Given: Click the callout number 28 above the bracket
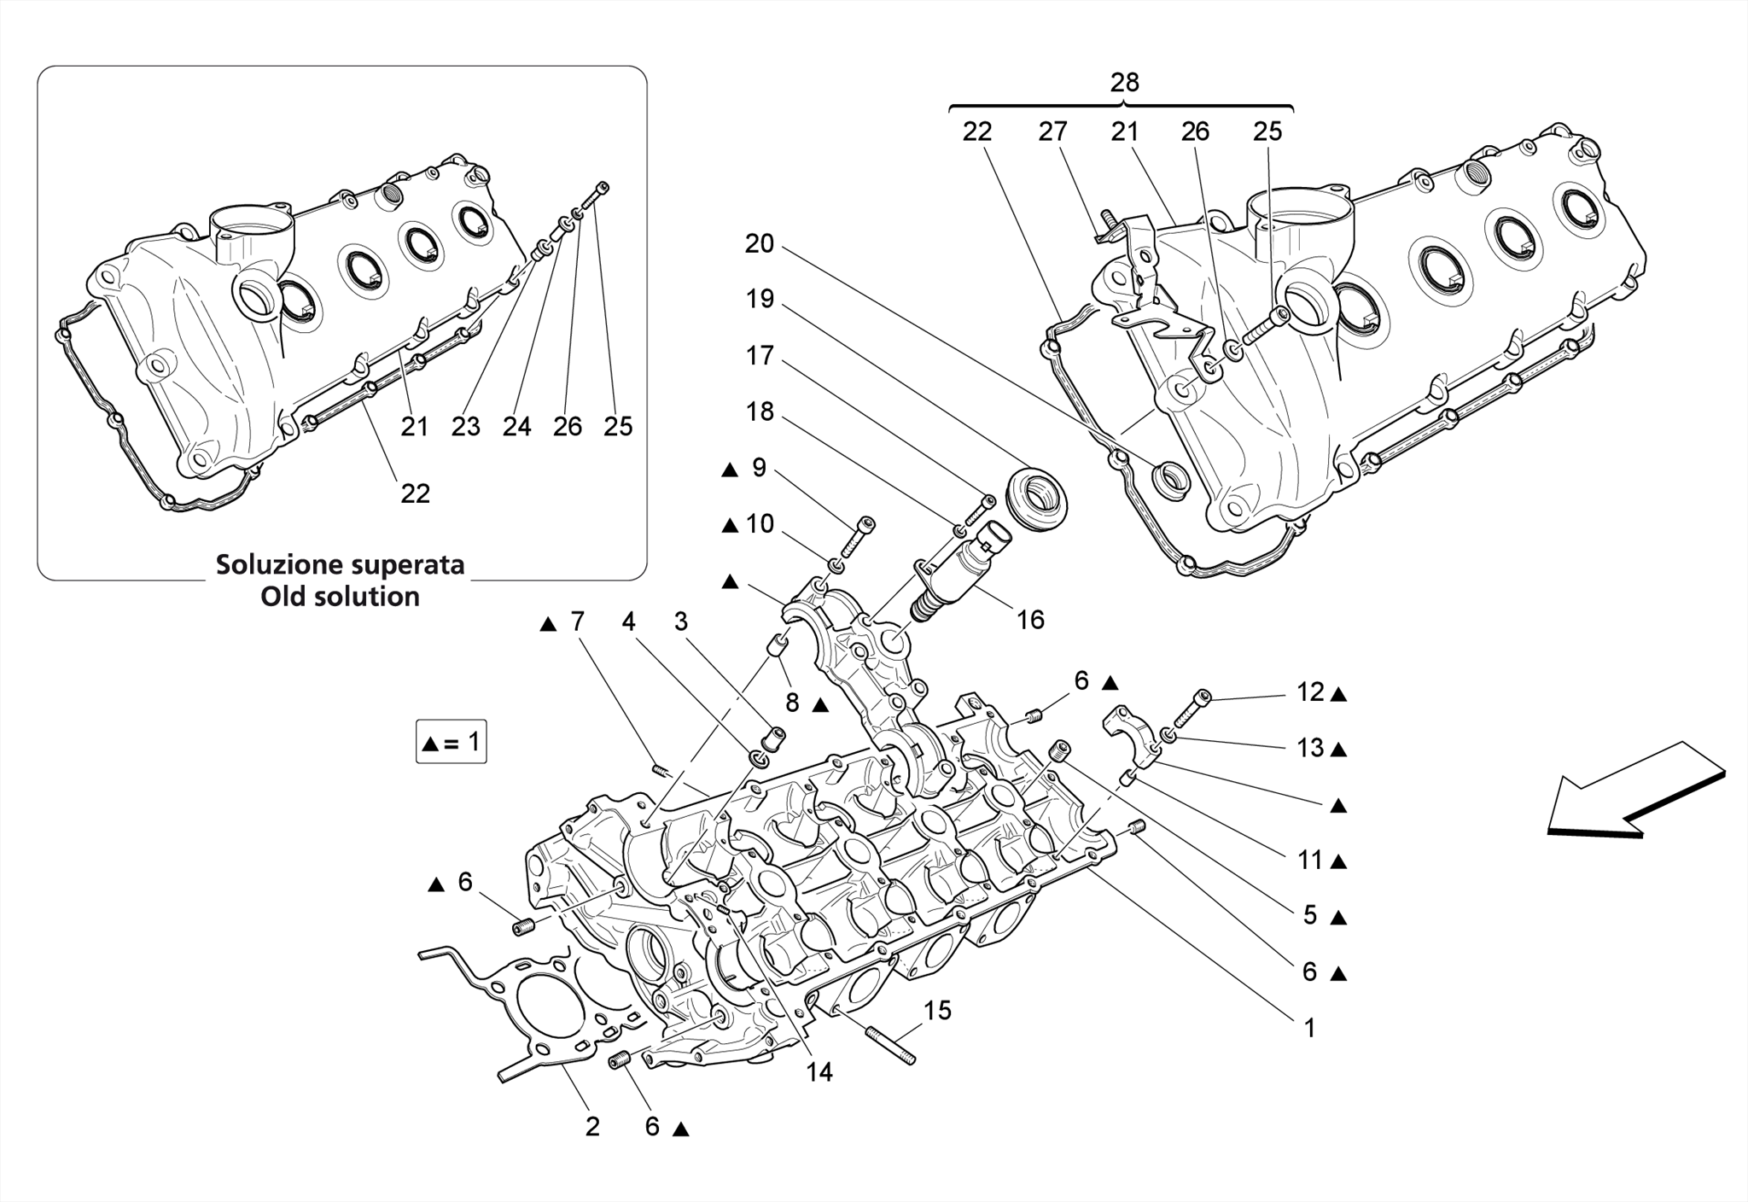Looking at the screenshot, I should click(1124, 83).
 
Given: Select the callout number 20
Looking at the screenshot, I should click(759, 244).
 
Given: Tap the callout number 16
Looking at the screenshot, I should click(1030, 620).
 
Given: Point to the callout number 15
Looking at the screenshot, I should click(937, 1011).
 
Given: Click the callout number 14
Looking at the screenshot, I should click(819, 1072).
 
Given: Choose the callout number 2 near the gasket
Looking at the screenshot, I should click(592, 1127).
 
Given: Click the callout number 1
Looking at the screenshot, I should click(1309, 1028).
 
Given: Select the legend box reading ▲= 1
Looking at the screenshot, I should click(451, 743).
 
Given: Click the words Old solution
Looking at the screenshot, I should click(340, 596).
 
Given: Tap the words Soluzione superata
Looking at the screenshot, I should click(340, 564).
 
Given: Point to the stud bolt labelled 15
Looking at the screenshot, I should click(891, 1046).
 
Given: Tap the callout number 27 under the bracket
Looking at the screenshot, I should click(1052, 131).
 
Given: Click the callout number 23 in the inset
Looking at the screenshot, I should click(466, 426).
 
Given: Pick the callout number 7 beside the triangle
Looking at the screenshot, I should click(578, 621).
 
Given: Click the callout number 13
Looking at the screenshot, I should click(1310, 748).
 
